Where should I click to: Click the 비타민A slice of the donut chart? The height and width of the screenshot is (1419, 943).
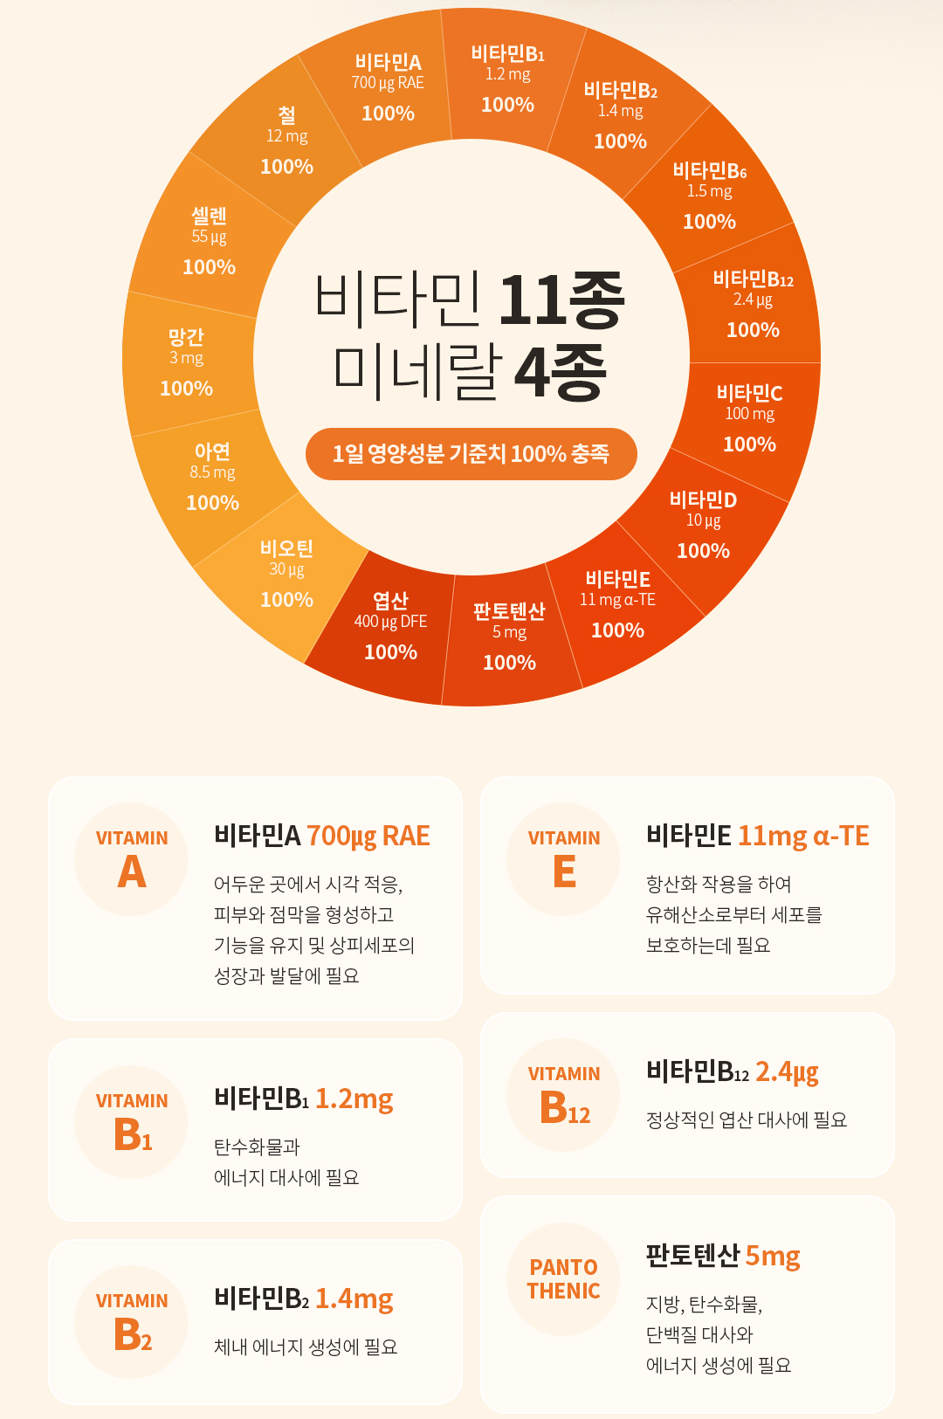tap(388, 88)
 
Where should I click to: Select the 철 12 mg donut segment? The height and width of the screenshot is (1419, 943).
tap(287, 140)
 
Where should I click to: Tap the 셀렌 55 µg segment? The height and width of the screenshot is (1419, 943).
tap(209, 241)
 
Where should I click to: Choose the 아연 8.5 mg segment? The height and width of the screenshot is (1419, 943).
tap(212, 477)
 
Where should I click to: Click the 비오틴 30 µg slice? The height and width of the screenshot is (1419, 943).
tap(286, 574)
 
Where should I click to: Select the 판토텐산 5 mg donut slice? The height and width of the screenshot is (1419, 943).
tap(509, 637)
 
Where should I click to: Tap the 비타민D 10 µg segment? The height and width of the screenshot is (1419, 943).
tap(703, 525)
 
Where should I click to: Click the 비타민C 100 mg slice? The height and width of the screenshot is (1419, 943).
tap(749, 418)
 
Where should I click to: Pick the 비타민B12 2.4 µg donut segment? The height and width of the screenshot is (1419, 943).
tap(753, 304)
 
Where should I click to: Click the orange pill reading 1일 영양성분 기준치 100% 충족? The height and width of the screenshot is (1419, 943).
tap(471, 454)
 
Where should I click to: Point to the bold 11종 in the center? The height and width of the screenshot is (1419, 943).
tap(561, 300)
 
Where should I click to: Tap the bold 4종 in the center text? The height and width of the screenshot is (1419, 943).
tap(560, 372)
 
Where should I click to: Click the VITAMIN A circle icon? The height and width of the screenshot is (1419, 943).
tap(131, 859)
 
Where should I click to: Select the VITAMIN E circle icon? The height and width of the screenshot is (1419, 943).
tap(563, 859)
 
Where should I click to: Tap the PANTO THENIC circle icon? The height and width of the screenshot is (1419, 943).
tap(563, 1278)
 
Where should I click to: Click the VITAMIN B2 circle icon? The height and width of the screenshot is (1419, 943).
tap(131, 1322)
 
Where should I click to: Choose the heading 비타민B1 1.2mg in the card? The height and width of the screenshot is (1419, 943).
tap(304, 1099)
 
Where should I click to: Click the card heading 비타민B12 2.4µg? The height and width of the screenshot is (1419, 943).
tap(732, 1071)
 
